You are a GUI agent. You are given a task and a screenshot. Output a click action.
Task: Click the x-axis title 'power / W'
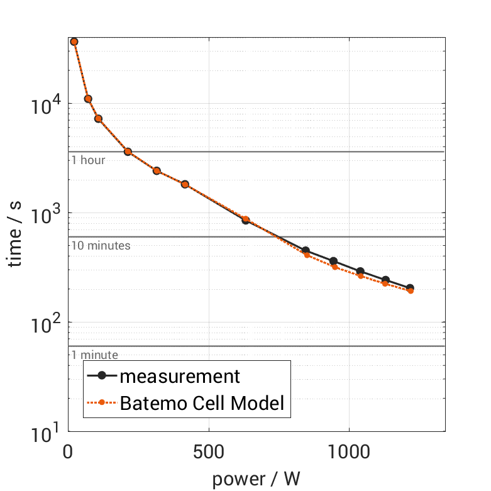(x=256, y=479)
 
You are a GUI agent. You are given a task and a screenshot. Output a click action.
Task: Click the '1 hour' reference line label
(x=88, y=160)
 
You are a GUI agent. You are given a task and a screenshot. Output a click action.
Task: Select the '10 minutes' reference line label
(x=101, y=245)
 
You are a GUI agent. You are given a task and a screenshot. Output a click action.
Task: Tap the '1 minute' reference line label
(x=94, y=355)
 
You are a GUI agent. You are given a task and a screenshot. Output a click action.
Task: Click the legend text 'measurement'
(x=180, y=376)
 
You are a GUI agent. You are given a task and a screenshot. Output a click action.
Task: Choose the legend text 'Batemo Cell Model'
(x=202, y=403)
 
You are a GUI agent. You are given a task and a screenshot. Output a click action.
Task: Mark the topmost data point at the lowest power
(x=74, y=41)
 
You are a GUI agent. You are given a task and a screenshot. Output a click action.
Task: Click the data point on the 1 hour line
(x=128, y=152)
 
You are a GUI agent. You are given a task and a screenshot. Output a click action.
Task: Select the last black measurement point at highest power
(x=410, y=288)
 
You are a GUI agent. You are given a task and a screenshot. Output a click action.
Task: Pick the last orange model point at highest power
(x=411, y=290)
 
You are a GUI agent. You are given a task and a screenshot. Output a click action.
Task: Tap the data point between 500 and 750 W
(x=246, y=220)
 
